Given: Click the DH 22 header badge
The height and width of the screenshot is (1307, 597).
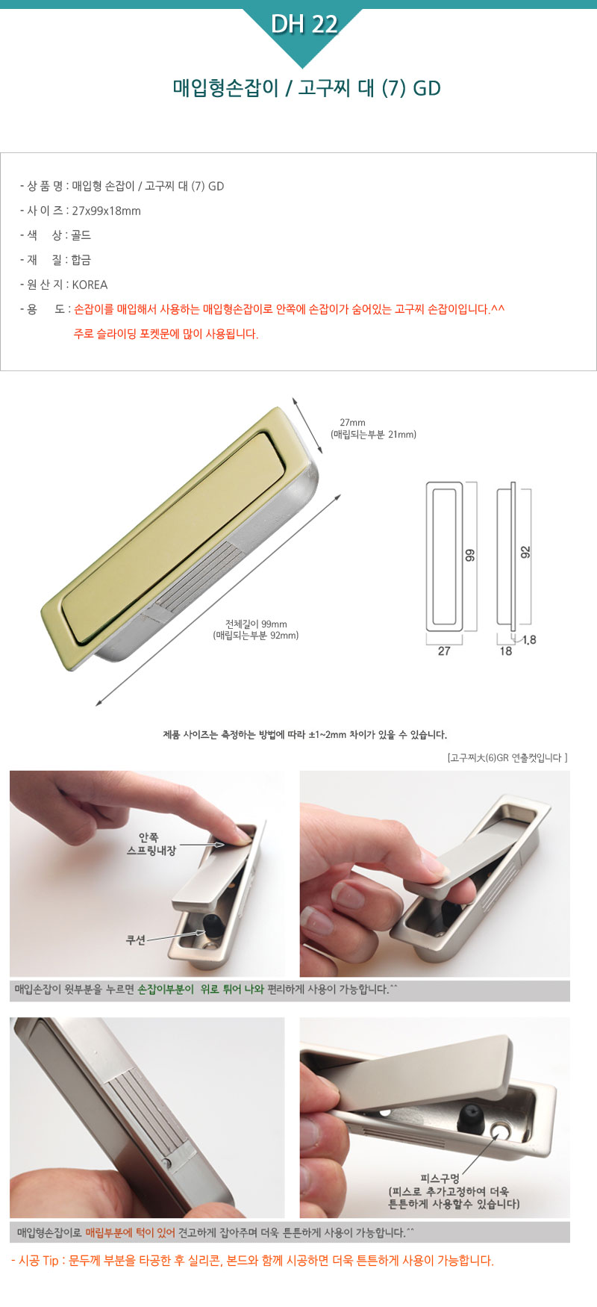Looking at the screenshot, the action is point(304,25).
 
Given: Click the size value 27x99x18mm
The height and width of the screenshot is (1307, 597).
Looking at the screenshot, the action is point(106,211).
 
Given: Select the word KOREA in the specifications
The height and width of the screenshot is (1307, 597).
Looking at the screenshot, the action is point(90,285).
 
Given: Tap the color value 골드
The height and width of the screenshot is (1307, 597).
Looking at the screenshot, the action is point(81,235).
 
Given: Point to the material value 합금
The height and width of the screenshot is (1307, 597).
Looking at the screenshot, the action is point(81,260).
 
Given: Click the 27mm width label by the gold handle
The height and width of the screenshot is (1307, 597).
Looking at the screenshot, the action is point(352,423).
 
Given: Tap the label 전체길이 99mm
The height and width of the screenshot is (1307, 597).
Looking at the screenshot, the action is point(256,624).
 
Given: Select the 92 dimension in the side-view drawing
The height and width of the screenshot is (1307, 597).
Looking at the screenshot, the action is point(525,552).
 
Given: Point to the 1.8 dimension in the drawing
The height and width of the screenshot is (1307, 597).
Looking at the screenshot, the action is point(529,640).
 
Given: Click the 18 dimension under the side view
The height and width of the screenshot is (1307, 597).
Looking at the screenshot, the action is point(506,651).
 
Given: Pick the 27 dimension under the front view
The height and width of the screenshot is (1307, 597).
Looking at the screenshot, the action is point(444,651).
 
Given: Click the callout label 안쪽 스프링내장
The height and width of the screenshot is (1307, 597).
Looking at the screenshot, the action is point(151,844).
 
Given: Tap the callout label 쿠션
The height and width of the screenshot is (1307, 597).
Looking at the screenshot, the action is point(136,940).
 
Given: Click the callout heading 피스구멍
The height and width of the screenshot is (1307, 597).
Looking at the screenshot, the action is point(440,1179).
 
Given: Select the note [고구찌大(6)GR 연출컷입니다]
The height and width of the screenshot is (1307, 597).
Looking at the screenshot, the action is point(507,757).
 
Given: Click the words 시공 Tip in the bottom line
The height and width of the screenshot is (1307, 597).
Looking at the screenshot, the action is point(38,1261).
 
